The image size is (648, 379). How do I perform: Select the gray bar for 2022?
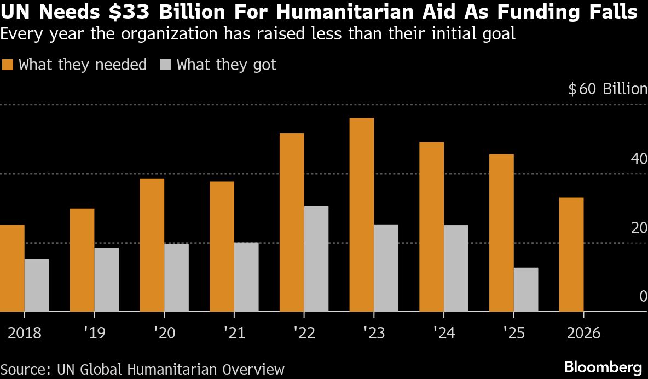(x=316, y=259)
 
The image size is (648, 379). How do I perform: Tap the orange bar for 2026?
(x=571, y=255)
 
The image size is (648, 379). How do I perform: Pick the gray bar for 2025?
(x=526, y=290)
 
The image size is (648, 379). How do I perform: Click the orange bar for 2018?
(x=12, y=268)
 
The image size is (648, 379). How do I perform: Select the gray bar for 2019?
(x=106, y=279)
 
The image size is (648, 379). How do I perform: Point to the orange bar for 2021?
(x=222, y=246)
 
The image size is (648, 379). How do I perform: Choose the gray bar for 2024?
(x=456, y=268)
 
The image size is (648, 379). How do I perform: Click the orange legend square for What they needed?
(x=8, y=65)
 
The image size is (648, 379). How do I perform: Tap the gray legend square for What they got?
(x=166, y=65)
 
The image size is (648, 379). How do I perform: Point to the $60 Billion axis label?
(x=607, y=89)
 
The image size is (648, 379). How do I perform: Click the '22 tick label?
(x=304, y=333)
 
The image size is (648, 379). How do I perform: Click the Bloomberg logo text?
(x=603, y=367)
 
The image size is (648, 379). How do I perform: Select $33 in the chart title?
(x=124, y=13)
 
